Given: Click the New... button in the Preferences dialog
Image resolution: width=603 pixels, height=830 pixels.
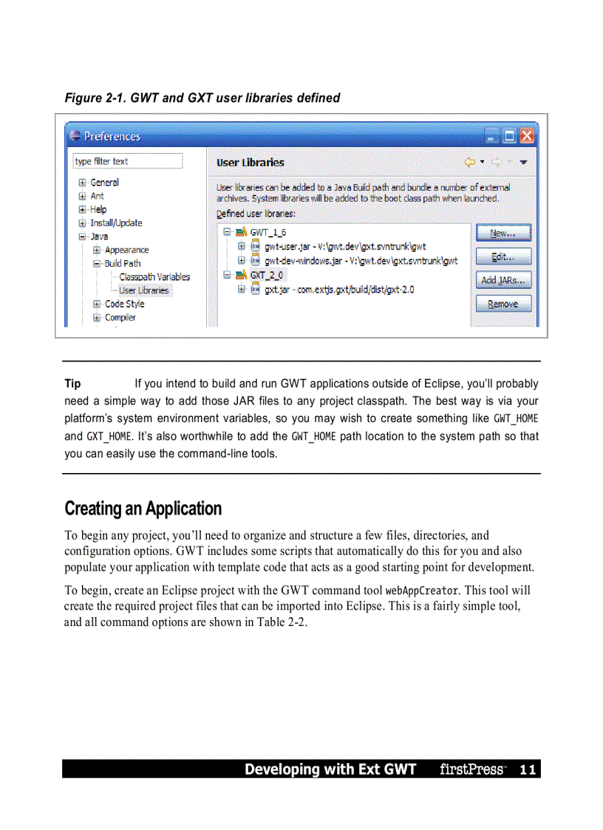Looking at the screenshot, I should (x=502, y=234).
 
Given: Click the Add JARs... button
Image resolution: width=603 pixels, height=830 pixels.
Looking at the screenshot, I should (x=502, y=280).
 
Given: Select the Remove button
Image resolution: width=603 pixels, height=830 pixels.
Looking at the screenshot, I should (x=502, y=304).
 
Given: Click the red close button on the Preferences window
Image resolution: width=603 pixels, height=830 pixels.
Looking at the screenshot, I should (x=526, y=136).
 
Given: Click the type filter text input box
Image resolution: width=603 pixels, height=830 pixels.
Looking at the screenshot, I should (x=127, y=161).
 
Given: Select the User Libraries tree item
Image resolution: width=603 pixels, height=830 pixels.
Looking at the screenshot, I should (x=143, y=290).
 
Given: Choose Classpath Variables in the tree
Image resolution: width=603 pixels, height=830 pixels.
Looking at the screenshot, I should (x=154, y=277).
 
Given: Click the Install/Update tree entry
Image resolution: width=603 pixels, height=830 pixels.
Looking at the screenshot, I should (x=116, y=223).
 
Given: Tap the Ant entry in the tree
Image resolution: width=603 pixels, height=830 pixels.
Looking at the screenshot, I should (x=97, y=196).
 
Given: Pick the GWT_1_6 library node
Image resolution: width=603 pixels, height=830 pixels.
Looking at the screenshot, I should (x=268, y=232).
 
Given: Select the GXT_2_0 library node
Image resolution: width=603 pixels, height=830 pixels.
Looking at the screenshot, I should (x=268, y=275).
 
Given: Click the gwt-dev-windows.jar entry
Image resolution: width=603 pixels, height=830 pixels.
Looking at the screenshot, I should (x=361, y=260).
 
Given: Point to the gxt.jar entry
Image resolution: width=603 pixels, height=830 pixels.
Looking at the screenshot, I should (x=339, y=290).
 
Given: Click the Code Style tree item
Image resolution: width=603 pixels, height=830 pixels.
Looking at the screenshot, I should (x=124, y=304).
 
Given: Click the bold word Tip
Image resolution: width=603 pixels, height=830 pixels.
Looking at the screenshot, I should (x=72, y=384).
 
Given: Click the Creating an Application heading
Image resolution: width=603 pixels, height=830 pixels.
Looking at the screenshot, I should (x=143, y=508).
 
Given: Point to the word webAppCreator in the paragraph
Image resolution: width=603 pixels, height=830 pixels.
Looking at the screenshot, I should (x=421, y=591).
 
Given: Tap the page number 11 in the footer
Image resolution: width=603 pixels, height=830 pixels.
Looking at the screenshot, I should (x=527, y=769).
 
